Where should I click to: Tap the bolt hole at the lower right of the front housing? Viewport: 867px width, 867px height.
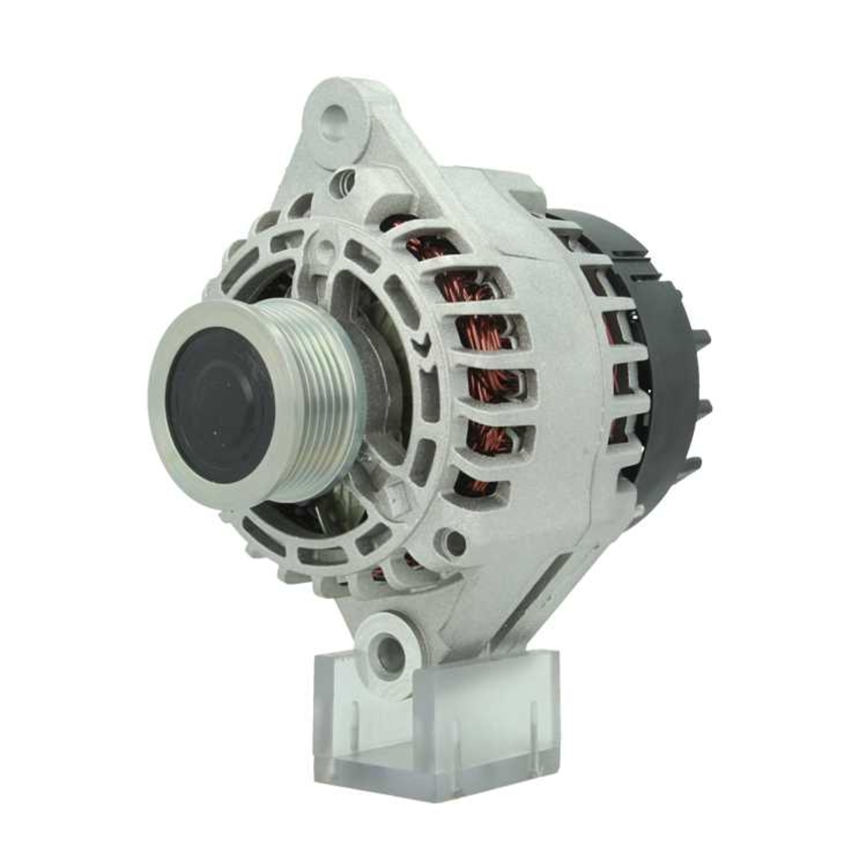pos(453,543)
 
